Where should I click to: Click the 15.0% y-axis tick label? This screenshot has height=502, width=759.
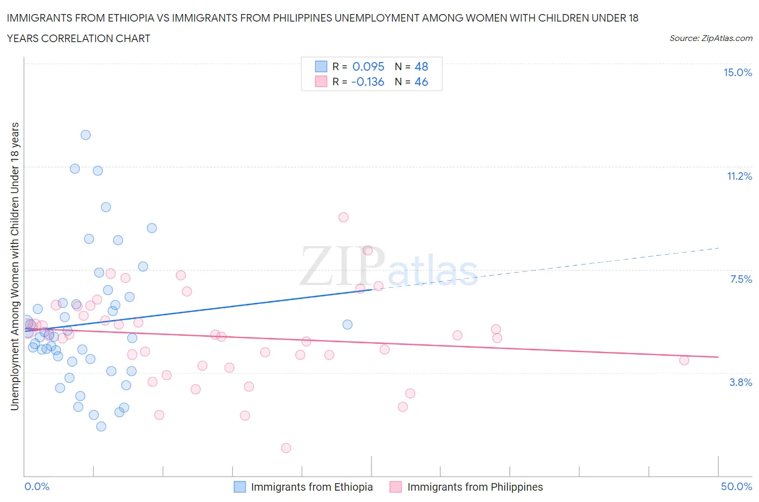(737, 73)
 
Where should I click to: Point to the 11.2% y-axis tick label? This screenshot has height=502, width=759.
(739, 176)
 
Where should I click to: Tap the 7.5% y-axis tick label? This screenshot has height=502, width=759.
(741, 279)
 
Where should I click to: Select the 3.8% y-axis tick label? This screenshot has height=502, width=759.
(741, 382)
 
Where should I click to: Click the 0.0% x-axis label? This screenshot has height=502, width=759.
(37, 486)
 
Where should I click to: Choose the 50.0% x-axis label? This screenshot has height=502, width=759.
(736, 486)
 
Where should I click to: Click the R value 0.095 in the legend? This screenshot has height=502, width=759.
(368, 66)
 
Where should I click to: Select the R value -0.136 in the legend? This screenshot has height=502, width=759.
(367, 82)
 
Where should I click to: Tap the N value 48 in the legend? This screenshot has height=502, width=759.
(421, 66)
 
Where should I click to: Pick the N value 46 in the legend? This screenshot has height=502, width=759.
(421, 82)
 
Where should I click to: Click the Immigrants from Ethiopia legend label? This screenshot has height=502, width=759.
(311, 487)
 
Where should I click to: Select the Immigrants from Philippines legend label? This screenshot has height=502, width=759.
(475, 487)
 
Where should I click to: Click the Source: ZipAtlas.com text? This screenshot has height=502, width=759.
(710, 38)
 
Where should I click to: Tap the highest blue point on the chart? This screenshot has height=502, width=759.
(85, 135)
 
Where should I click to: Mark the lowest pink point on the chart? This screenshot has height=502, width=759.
(286, 448)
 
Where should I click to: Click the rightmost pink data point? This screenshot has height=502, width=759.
(684, 361)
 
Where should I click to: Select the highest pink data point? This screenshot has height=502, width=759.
(343, 218)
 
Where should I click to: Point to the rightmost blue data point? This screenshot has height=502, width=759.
(348, 324)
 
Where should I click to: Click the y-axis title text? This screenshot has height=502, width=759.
(15, 266)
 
